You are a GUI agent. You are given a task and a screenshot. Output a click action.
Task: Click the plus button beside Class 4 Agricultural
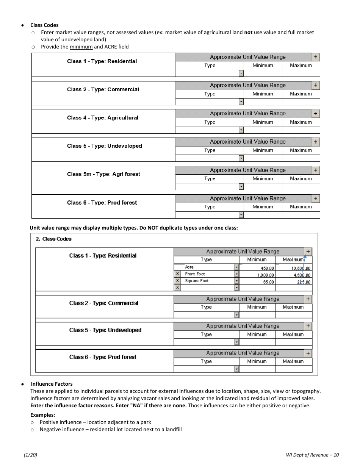click(316, 114)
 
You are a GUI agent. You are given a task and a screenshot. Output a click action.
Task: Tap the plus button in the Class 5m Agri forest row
click(316, 170)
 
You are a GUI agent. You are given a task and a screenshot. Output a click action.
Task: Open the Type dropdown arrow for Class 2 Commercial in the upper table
click(241, 102)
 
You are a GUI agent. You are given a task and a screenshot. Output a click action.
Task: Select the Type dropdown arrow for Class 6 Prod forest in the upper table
click(241, 215)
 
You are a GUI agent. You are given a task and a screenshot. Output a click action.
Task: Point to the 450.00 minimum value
click(267, 268)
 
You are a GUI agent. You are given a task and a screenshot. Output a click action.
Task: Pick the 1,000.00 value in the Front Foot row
click(266, 275)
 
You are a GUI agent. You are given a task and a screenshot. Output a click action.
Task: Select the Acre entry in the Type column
click(189, 267)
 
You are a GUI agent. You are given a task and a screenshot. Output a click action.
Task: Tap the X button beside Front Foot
click(177, 274)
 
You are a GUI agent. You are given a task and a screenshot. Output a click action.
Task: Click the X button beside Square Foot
click(177, 281)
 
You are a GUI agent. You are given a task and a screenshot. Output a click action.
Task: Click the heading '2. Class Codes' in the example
click(53, 239)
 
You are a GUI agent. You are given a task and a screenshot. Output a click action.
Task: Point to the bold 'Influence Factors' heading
click(52, 384)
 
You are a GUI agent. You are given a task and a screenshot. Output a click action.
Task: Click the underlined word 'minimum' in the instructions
click(81, 47)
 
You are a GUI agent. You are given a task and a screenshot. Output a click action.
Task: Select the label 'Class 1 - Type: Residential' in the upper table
click(102, 61)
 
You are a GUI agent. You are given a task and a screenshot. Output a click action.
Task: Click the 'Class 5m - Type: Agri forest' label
click(103, 174)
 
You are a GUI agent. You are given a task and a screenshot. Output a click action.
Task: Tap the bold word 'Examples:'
click(43, 415)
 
